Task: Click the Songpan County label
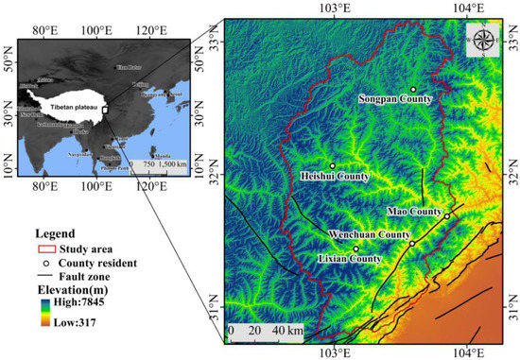[395, 98]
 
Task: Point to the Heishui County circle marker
[333, 166]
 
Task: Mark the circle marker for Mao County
[447, 216]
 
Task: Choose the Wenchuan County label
[368, 233]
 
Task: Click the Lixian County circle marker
[356, 249]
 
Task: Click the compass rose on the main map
[484, 40]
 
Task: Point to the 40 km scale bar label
[287, 332]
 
